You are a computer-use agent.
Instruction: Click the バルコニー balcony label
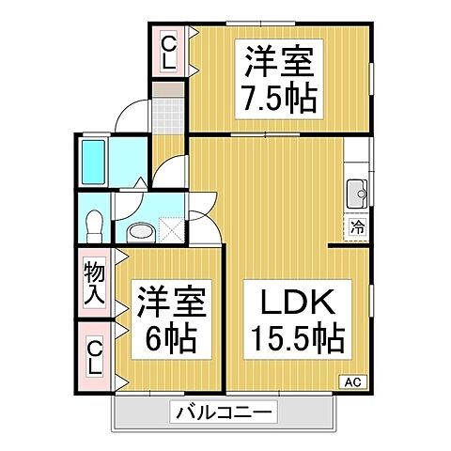click(224, 412)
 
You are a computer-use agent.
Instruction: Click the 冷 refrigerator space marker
click(357, 226)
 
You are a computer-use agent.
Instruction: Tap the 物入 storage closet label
click(94, 281)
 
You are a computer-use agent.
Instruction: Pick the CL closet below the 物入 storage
click(94, 356)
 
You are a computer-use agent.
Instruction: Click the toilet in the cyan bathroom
click(94, 224)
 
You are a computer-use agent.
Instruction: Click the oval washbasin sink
click(140, 231)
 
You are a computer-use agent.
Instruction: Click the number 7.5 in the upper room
click(268, 94)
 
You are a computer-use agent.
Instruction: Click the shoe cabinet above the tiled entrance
click(170, 90)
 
